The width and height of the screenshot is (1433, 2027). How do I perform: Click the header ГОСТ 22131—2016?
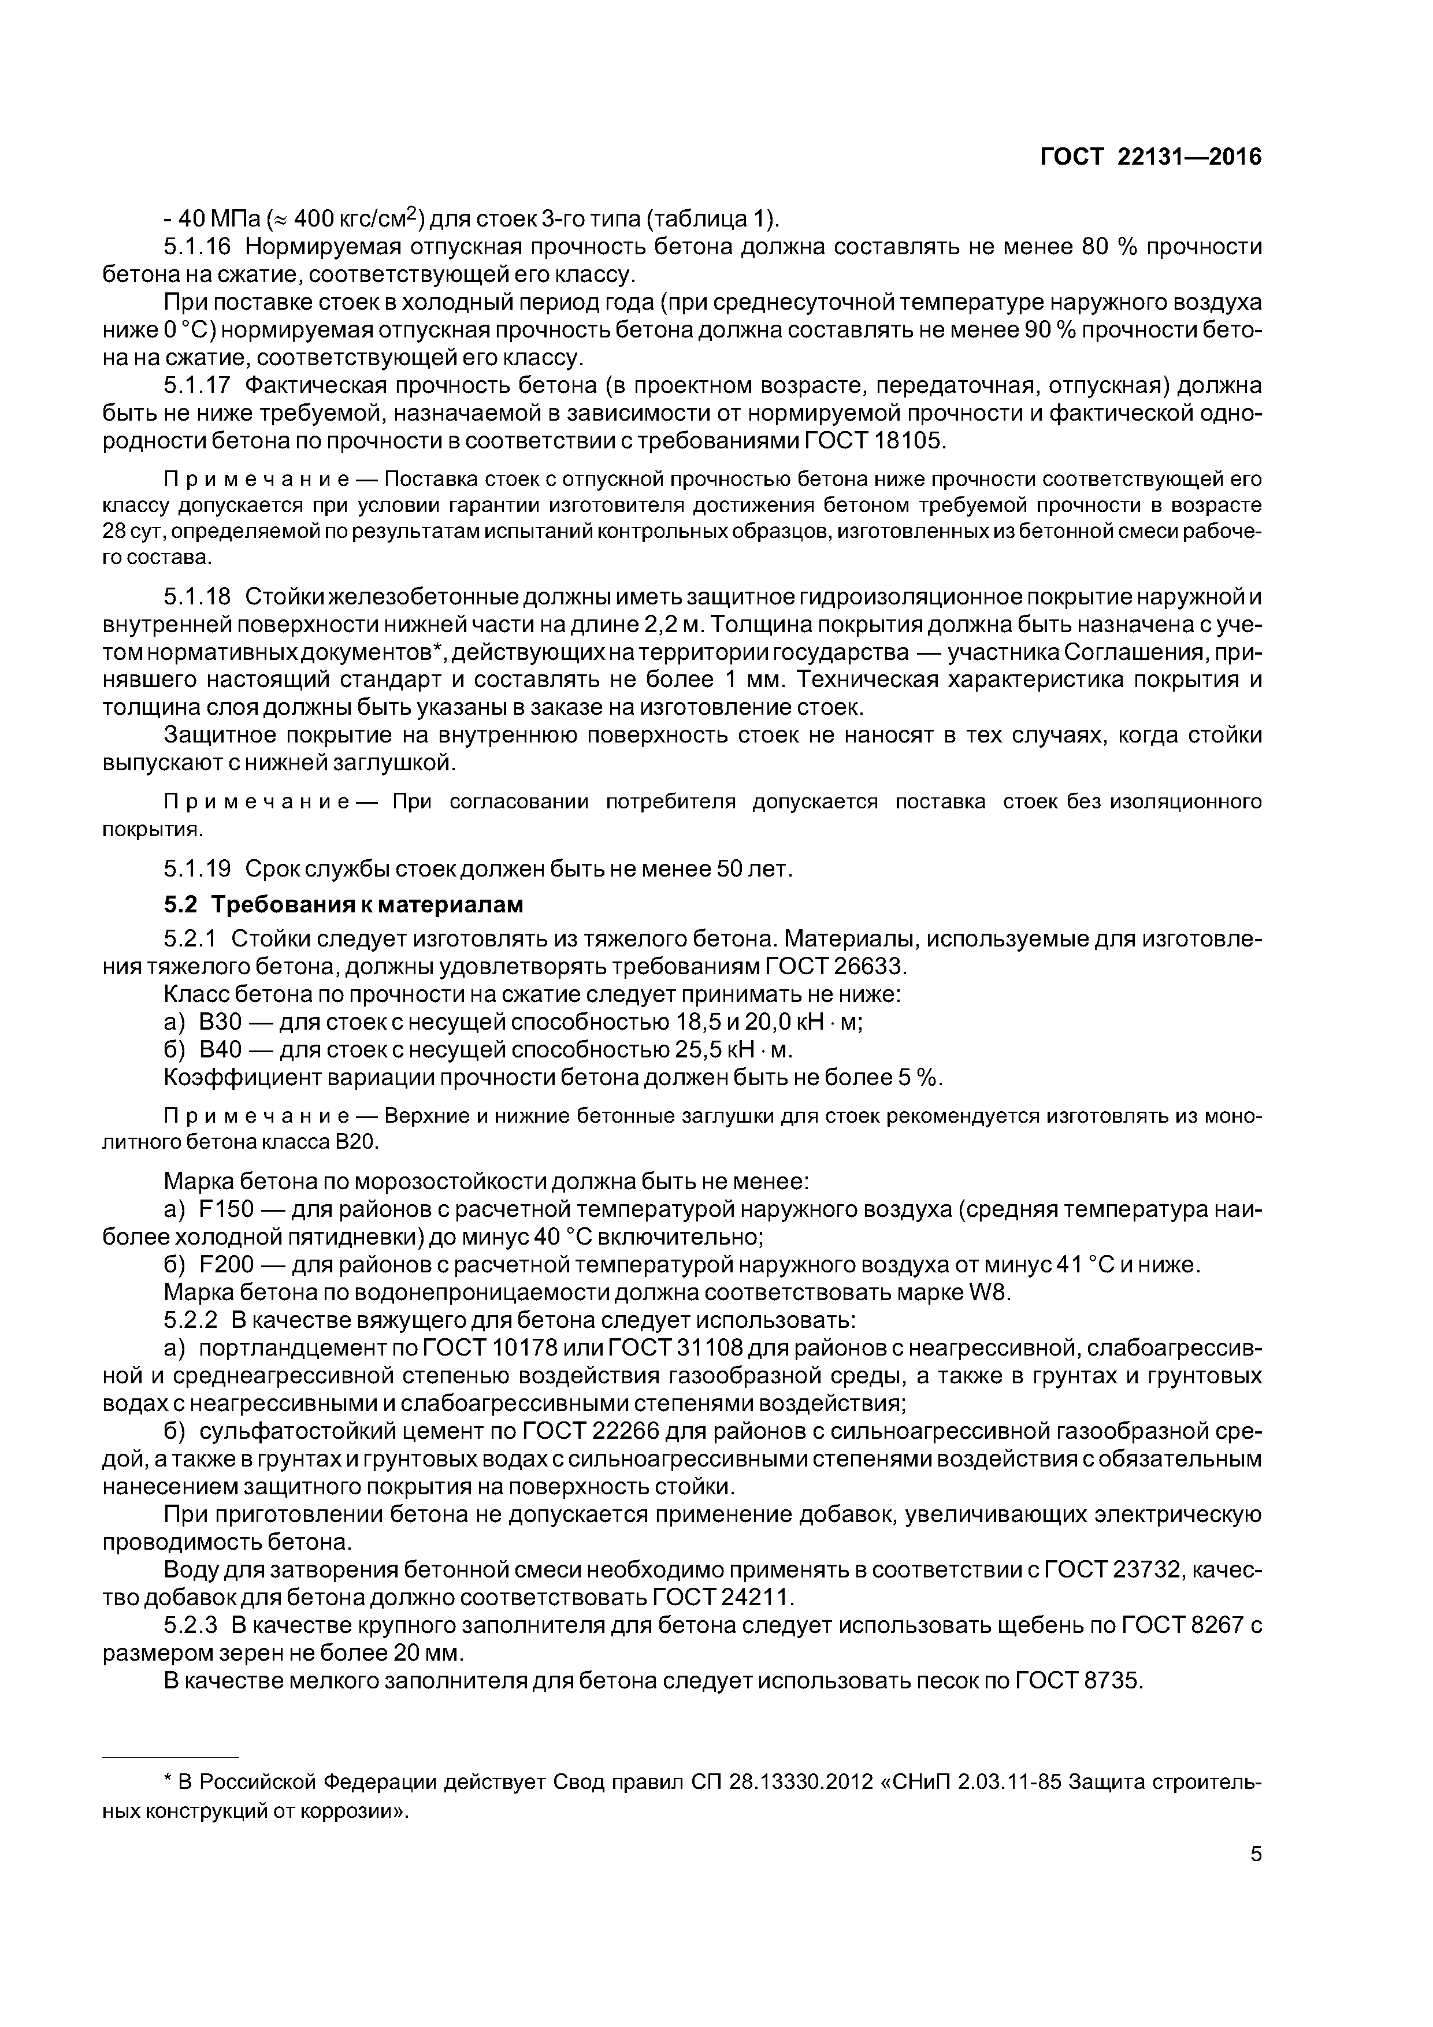(x=1150, y=157)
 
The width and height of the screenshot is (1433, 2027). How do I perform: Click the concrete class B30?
(x=214, y=1022)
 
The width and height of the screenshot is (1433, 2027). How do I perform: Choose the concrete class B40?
(x=214, y=1050)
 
